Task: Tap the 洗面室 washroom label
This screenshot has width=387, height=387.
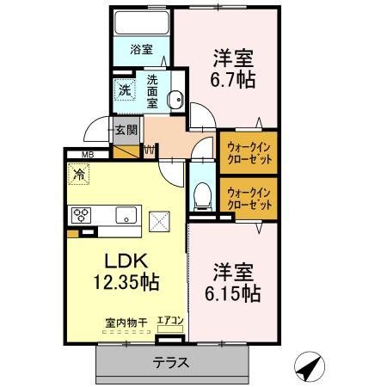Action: click(x=152, y=90)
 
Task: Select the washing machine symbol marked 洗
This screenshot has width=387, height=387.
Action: click(x=126, y=89)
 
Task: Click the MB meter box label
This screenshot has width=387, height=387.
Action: click(x=87, y=155)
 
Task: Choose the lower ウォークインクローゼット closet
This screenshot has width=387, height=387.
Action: click(x=249, y=198)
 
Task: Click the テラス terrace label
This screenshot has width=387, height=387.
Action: click(x=171, y=362)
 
